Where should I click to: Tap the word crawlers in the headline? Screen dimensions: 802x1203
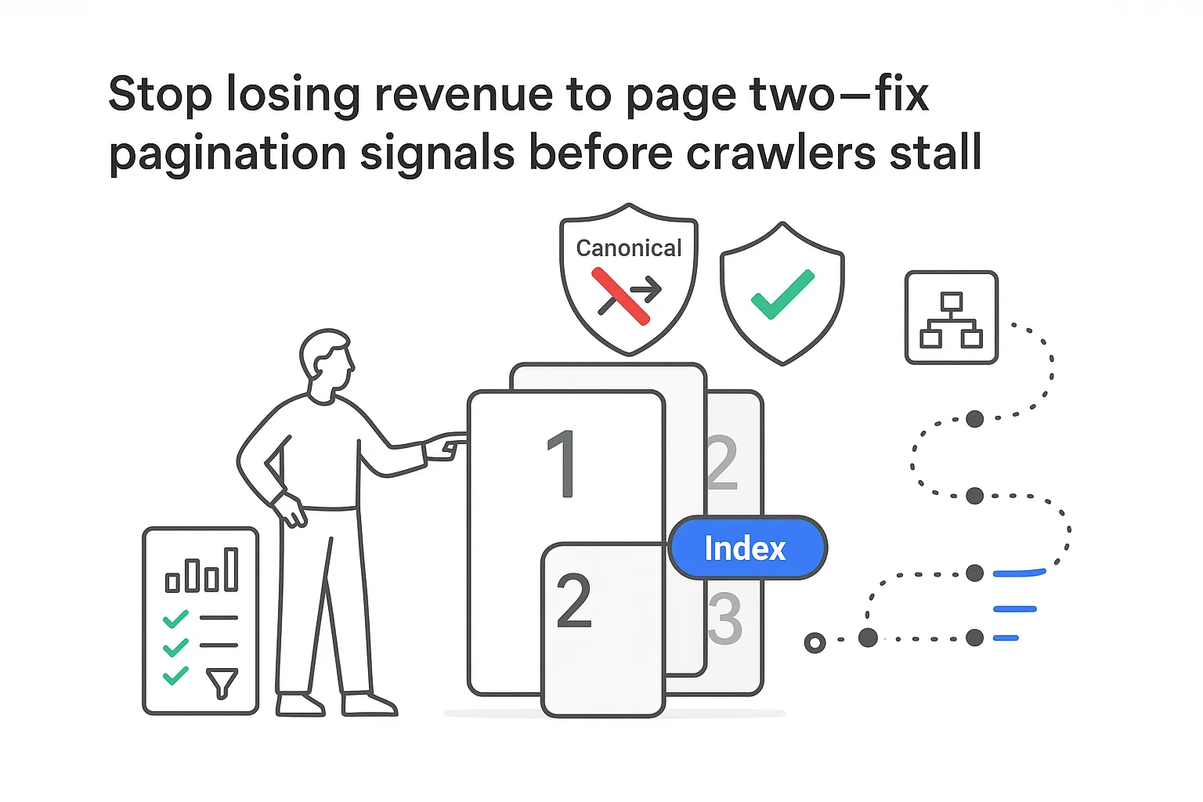click(x=780, y=152)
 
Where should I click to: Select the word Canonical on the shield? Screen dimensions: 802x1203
click(x=628, y=248)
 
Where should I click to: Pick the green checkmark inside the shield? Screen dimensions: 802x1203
click(x=782, y=294)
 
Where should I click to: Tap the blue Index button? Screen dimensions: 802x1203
click(x=747, y=548)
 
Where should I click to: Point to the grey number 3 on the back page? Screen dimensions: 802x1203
click(x=725, y=618)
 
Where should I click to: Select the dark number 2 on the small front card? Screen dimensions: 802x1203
click(x=574, y=601)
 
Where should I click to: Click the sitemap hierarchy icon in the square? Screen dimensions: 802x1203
click(x=951, y=318)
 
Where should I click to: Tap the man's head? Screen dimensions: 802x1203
click(x=327, y=363)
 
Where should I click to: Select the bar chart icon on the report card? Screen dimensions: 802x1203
click(x=201, y=570)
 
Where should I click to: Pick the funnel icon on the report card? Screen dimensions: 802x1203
click(x=222, y=682)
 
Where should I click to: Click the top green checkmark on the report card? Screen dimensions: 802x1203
click(x=175, y=619)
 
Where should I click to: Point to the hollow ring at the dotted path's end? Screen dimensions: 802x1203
click(x=815, y=643)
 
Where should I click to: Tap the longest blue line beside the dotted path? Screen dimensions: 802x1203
click(x=1019, y=573)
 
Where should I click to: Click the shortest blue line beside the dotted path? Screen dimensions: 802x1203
click(x=1006, y=638)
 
